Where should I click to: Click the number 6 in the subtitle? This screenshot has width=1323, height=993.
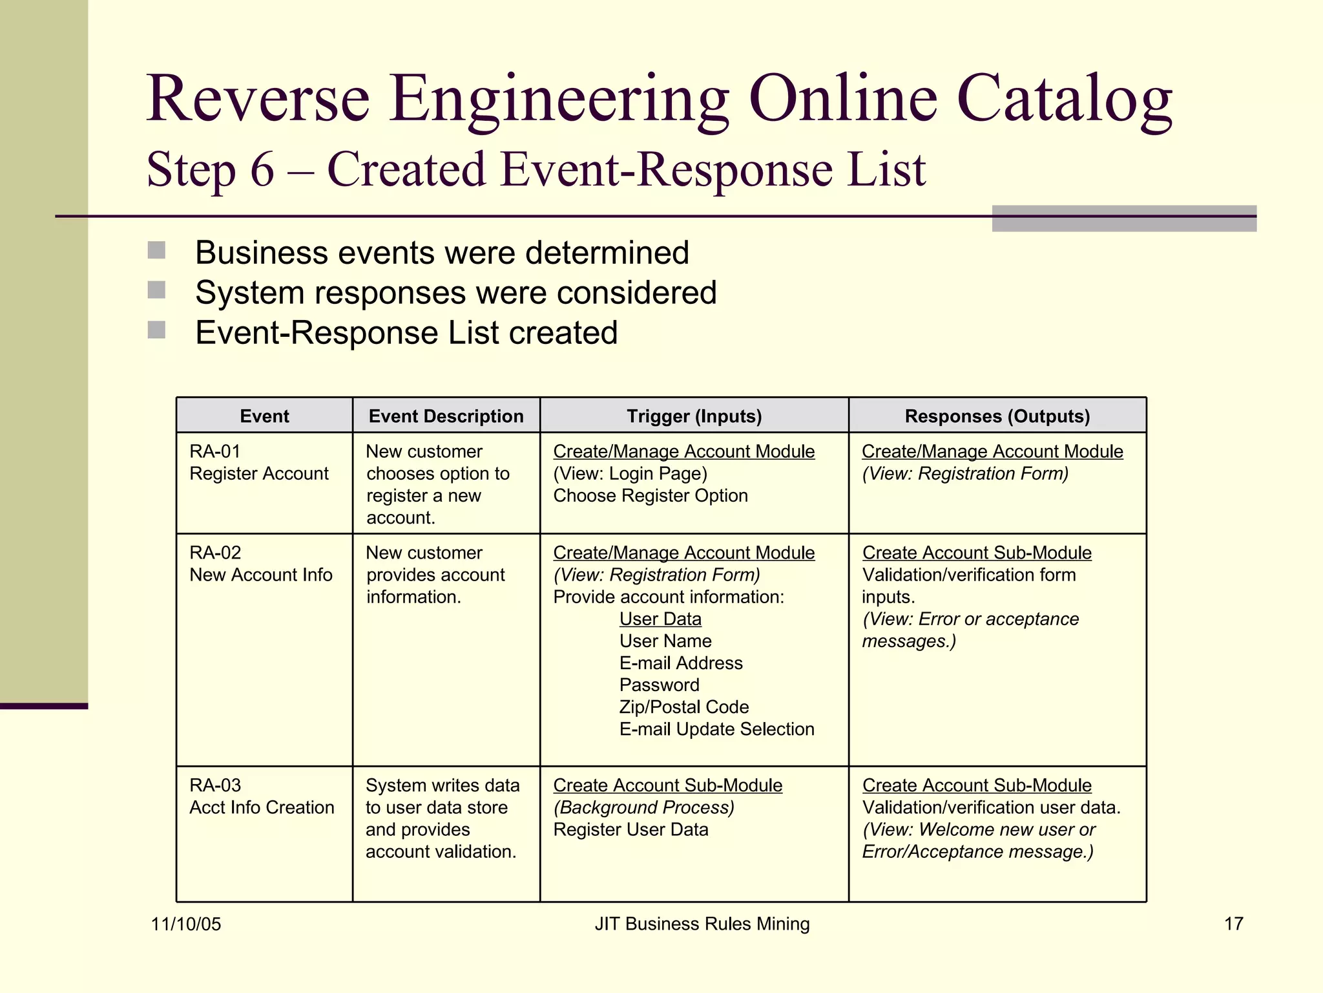[x=262, y=170]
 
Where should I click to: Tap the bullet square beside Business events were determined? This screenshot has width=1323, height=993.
[x=156, y=250]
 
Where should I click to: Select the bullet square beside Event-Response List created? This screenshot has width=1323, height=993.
[x=156, y=330]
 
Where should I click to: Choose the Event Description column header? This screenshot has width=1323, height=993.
[x=446, y=416]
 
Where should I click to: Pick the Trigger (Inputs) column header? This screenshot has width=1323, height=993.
[x=694, y=416]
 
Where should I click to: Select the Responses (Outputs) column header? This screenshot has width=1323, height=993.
[x=997, y=416]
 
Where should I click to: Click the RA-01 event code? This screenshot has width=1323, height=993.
[x=215, y=451]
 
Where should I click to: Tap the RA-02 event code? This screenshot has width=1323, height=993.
[x=215, y=553]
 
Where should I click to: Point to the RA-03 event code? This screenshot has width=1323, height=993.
[x=215, y=785]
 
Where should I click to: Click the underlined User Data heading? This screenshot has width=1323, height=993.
[x=660, y=619]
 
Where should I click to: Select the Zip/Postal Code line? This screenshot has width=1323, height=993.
[x=684, y=707]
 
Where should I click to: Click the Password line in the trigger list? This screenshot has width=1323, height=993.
[x=659, y=685]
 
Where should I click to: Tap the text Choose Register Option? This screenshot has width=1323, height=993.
[x=651, y=496]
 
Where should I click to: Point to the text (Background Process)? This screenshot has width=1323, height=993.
[x=643, y=807]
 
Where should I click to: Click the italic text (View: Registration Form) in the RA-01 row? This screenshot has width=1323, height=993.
[x=965, y=474]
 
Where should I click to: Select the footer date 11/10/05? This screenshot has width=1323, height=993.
[x=186, y=924]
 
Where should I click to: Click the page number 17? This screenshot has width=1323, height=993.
[x=1233, y=924]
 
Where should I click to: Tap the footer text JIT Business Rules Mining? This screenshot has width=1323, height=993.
[x=702, y=924]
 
